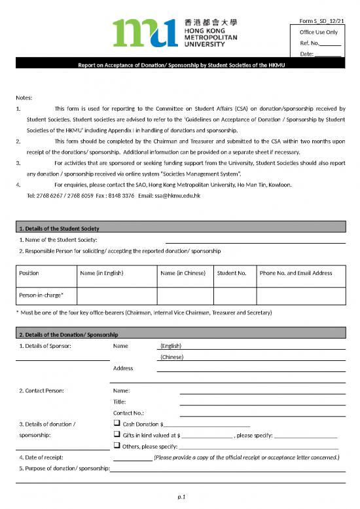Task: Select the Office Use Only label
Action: (x=318, y=31)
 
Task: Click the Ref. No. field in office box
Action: (x=320, y=43)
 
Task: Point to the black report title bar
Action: (x=179, y=66)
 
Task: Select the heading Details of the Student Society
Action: (x=59, y=228)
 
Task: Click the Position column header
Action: (x=29, y=273)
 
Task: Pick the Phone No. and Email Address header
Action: (x=296, y=273)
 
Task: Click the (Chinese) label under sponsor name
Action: (x=171, y=357)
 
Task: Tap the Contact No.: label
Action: (x=129, y=413)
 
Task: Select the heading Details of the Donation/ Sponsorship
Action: (x=69, y=335)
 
